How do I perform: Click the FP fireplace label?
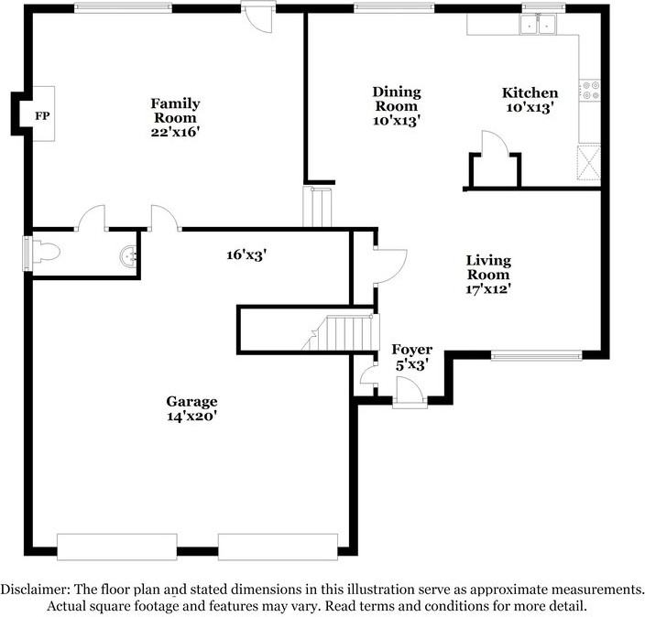41,115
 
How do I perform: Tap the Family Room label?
175,111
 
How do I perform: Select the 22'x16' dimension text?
175,132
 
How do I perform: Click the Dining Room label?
396,99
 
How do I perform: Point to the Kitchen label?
530,92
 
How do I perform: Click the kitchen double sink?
538,25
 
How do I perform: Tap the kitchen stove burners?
589,90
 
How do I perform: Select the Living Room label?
488,267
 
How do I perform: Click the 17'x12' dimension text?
488,289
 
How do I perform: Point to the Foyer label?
411,350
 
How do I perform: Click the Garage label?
191,401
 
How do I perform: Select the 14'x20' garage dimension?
191,417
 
